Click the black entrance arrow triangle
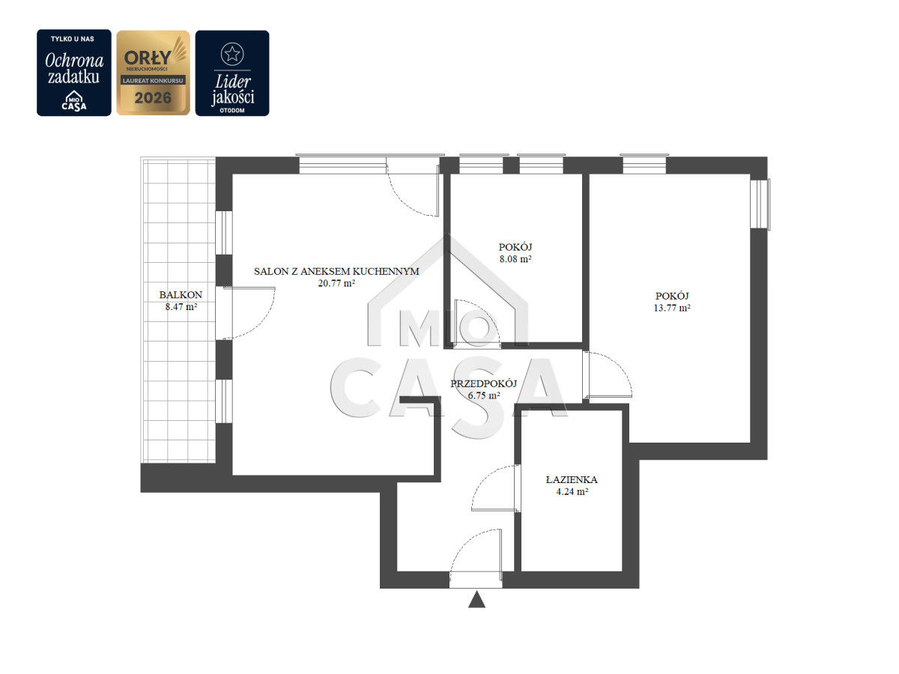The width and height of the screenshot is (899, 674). point(476,600)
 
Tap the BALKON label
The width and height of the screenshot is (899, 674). point(181,294)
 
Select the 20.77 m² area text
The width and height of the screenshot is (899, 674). point(336,283)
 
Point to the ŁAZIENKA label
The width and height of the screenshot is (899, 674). point(572,479)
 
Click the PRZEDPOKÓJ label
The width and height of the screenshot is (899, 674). point(483,383)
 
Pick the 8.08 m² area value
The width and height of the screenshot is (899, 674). point(515,258)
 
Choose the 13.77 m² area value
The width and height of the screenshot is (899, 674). point(672,308)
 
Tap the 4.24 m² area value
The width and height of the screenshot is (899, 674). point(572,491)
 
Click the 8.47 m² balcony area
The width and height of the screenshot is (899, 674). point(181,306)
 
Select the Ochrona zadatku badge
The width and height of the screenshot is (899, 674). point(74,73)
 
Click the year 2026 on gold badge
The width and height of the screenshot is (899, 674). point(153,98)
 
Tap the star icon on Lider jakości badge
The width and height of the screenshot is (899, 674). point(232,54)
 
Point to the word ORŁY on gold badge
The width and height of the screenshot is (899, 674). point(148,58)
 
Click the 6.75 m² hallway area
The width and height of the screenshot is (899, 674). point(484,395)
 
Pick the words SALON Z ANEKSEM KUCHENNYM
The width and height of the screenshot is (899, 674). point(336,271)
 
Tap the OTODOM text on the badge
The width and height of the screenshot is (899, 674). point(232,111)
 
